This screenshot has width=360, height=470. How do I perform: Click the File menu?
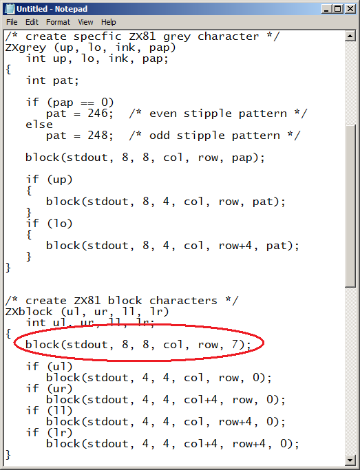coord(12,22)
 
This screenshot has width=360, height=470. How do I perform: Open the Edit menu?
coord(32,22)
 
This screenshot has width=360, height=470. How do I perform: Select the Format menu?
coord(58,22)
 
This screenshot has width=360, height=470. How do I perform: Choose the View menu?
coord(85,22)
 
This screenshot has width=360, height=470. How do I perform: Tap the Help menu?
coord(109,22)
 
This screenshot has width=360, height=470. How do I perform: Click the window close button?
coord(350,9)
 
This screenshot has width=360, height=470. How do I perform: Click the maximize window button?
coord(338,9)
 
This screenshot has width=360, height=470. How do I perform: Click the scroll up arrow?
coord(350,36)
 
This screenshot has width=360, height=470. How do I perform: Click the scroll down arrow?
coord(350,460)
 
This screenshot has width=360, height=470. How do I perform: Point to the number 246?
coord(98,114)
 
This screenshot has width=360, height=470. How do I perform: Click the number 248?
coord(98,135)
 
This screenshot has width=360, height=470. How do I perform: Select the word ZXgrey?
coord(25,48)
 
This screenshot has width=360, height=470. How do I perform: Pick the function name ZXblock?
coord(29,312)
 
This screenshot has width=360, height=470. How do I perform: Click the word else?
coord(39,124)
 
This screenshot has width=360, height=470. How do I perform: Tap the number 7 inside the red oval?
coord(235,345)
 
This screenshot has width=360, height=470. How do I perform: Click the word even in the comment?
coord(163,114)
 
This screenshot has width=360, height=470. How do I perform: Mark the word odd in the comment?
coord(160,135)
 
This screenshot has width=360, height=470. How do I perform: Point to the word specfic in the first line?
coord(98,37)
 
